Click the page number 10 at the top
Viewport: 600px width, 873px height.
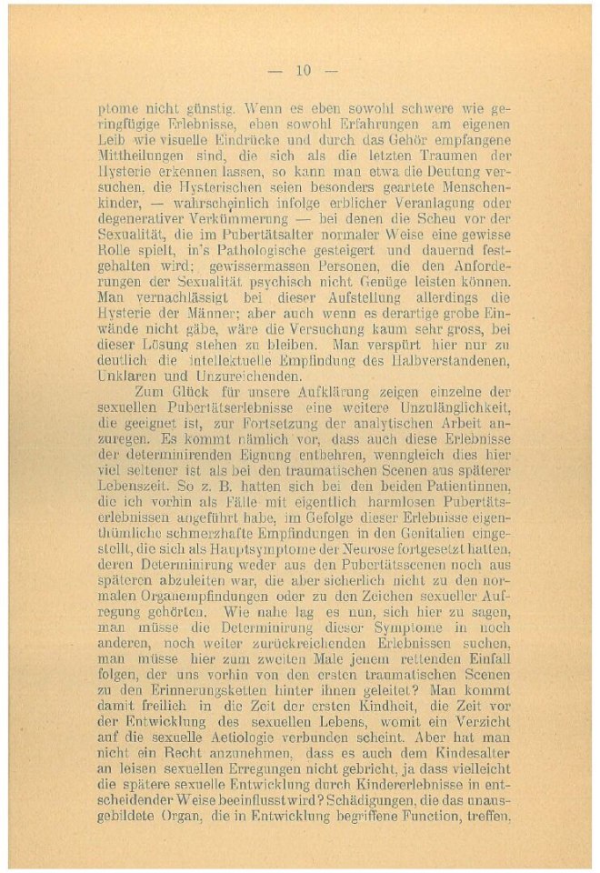304,70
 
